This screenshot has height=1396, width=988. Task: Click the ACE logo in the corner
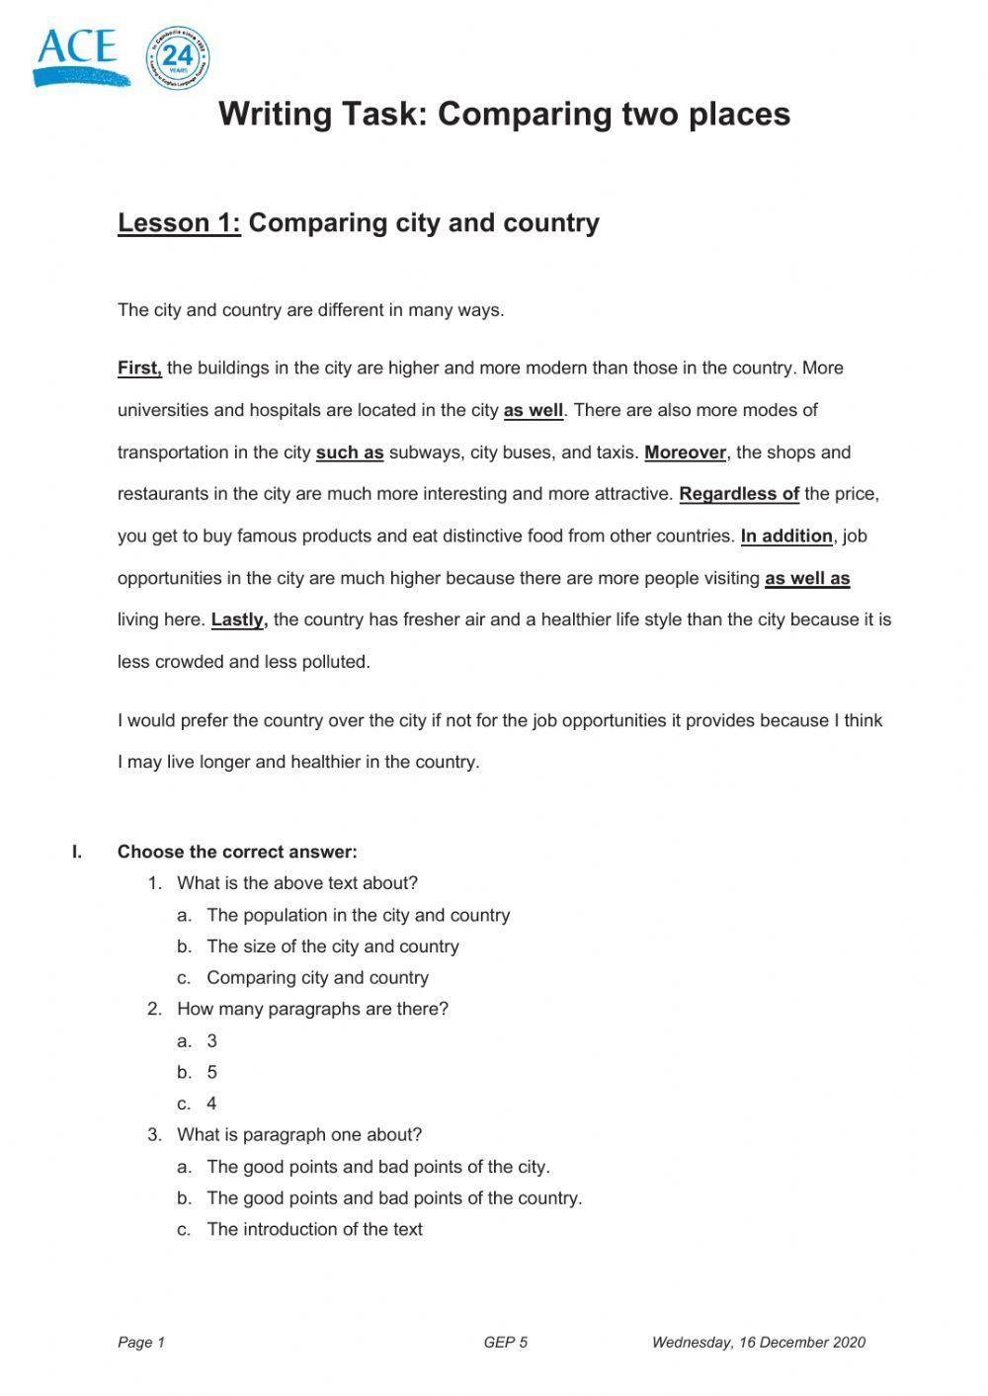coord(79,56)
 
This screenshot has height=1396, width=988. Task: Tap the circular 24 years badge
coord(178,58)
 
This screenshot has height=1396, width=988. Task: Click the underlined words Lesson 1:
coord(179,223)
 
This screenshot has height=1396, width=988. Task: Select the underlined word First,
coord(139,369)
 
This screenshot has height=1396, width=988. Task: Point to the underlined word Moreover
coord(686,452)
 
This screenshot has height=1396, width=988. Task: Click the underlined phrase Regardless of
coord(739,494)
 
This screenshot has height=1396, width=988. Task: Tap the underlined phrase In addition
coord(786,536)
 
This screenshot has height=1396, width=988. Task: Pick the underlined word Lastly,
coord(239,620)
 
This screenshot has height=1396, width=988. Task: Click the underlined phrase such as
coord(350,452)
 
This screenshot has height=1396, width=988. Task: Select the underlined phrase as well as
coord(807,579)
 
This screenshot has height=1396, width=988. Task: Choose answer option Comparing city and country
coord(317,978)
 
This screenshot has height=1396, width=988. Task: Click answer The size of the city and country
coord(332,946)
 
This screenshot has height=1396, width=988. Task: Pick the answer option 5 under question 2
coord(211,1073)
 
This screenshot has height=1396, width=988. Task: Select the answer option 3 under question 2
coord(211,1041)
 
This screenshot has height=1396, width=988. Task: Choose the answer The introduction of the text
coord(314,1230)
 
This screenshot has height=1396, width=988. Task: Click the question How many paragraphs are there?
coord(312,1010)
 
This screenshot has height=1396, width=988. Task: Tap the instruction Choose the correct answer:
coord(237,853)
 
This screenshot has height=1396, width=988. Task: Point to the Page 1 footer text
coord(141,1342)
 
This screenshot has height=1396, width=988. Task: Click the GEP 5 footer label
coord(505,1342)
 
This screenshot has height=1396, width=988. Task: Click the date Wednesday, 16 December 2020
coord(758,1342)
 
